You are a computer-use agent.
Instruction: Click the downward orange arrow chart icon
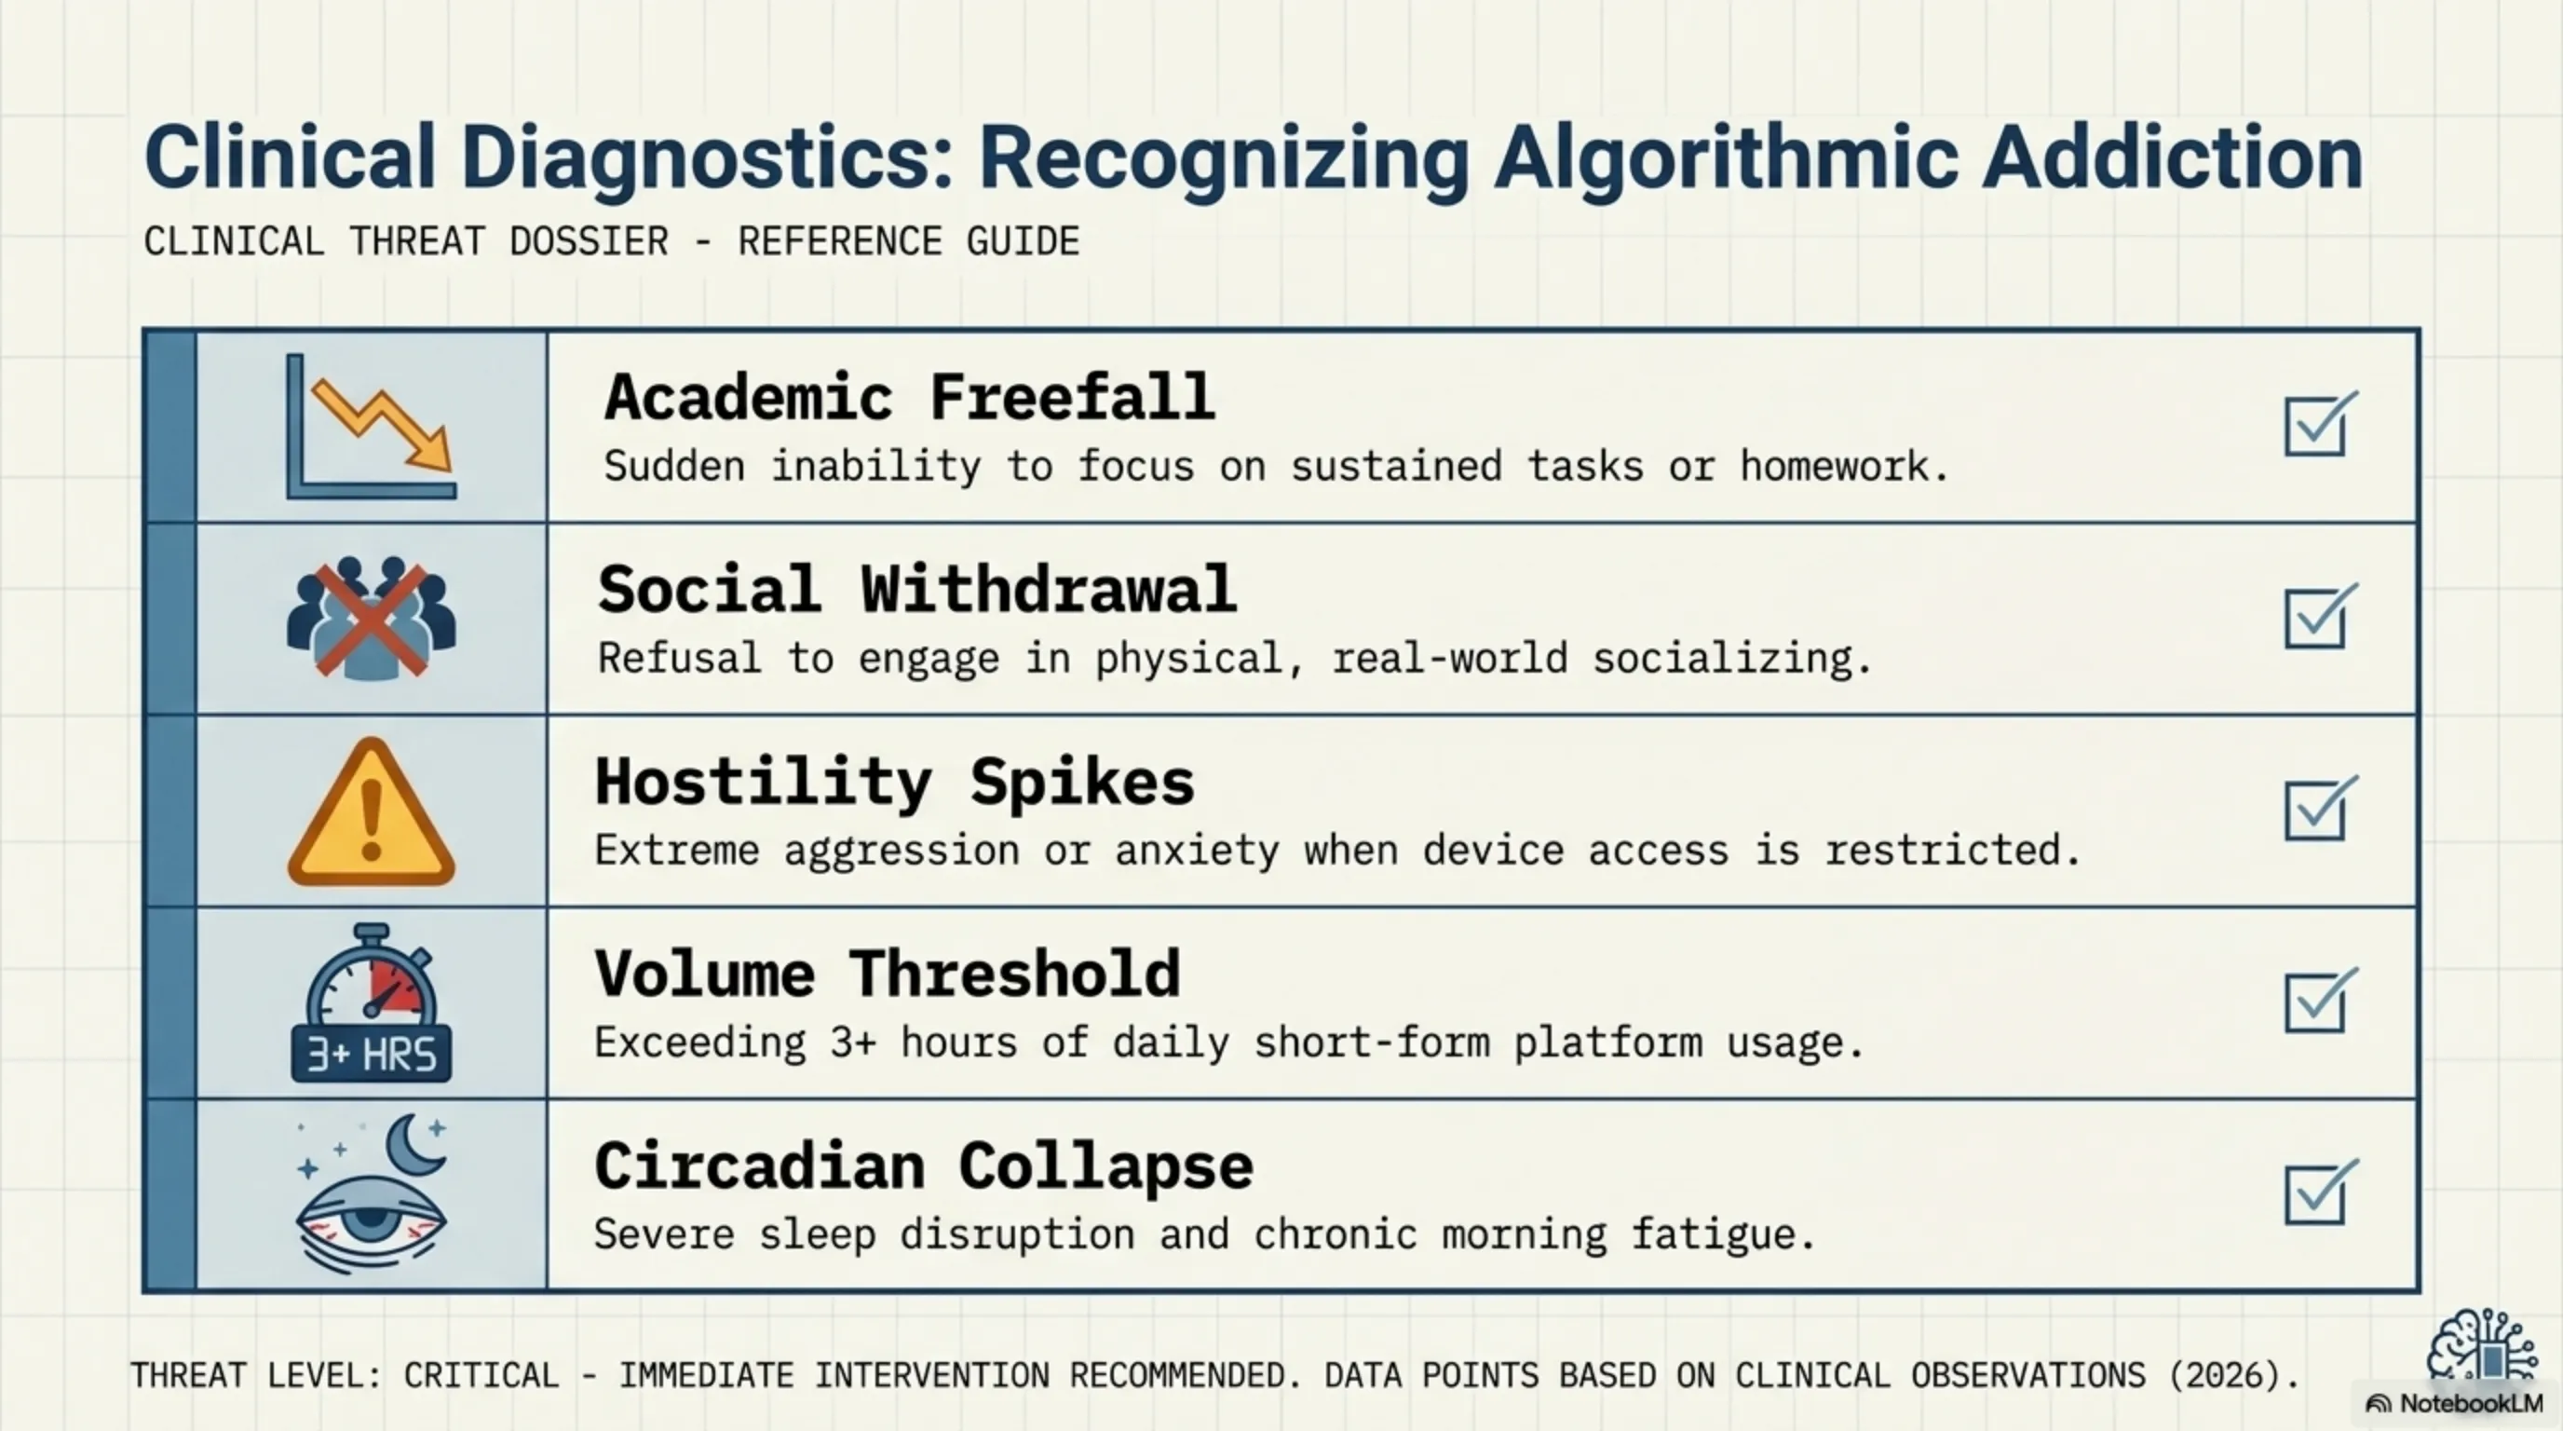pos(371,426)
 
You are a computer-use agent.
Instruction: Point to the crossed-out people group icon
pos(371,617)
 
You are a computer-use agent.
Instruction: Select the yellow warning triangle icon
pos(371,811)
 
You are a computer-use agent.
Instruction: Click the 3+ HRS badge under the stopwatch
pos(371,1054)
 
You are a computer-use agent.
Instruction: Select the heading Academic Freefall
pos(909,397)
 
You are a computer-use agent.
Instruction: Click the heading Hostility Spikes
pos(894,783)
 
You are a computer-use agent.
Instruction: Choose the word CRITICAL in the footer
pos(481,1375)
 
